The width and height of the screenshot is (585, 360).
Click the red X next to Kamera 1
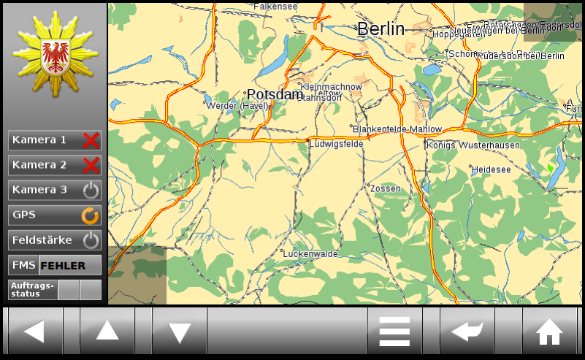pyautogui.click(x=91, y=140)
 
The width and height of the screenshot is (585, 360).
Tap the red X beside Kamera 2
pyautogui.click(x=91, y=165)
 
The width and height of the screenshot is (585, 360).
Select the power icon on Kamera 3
pyautogui.click(x=91, y=191)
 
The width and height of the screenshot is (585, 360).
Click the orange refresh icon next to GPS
pyautogui.click(x=90, y=215)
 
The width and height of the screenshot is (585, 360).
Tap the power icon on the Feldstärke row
pyautogui.click(x=91, y=240)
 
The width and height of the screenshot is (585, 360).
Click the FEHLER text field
pyautogui.click(x=69, y=266)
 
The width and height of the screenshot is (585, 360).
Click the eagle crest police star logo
pyautogui.click(x=54, y=55)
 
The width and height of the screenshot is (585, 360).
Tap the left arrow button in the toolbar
pyautogui.click(x=34, y=332)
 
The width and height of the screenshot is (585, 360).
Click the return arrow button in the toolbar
pyautogui.click(x=467, y=332)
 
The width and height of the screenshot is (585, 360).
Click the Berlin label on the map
pyautogui.click(x=381, y=29)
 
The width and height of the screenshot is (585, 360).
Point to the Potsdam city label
pyautogui.click(x=275, y=94)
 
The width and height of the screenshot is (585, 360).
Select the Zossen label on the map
pyautogui.click(x=386, y=188)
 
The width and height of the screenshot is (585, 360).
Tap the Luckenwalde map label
pyautogui.click(x=310, y=254)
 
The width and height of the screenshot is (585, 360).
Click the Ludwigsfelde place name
pyautogui.click(x=336, y=144)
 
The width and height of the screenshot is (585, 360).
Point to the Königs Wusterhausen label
pyautogui.click(x=473, y=145)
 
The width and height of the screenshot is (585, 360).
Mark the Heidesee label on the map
pyautogui.click(x=491, y=169)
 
